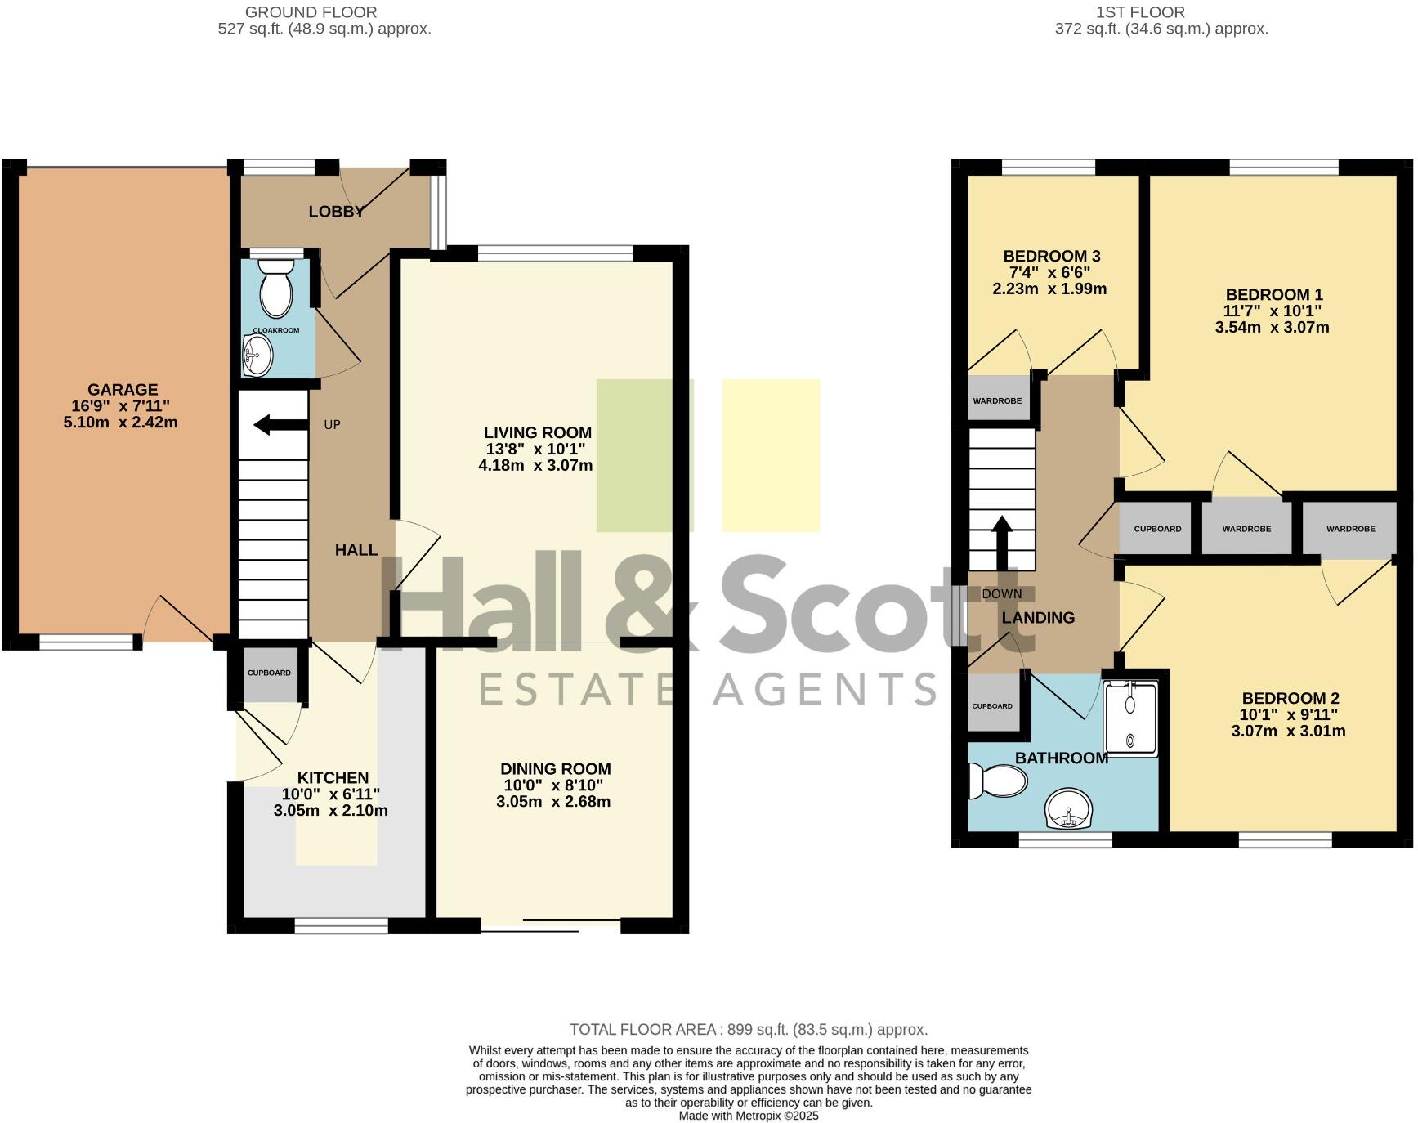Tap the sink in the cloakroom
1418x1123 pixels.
click(x=257, y=356)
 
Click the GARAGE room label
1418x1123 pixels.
click(x=123, y=390)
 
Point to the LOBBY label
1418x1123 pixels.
click(x=336, y=212)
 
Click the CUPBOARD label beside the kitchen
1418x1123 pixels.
click(x=269, y=673)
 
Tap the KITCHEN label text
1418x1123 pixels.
click(x=333, y=777)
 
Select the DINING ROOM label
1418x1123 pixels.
click(x=555, y=768)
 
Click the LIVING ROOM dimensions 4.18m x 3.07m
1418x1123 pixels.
click(x=535, y=466)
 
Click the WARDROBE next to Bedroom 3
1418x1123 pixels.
click(x=997, y=400)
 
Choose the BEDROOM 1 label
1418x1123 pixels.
click(x=1273, y=294)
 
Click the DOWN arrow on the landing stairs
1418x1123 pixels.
click(x=1001, y=543)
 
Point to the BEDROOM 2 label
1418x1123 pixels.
click(x=1290, y=698)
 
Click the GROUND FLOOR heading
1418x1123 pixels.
click(x=311, y=12)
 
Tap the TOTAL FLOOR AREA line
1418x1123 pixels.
click(x=748, y=1030)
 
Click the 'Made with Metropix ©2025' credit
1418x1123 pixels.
click(x=748, y=1116)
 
